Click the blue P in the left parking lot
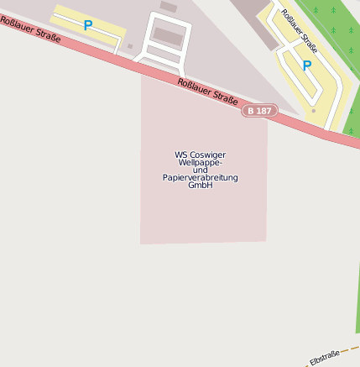(x=88, y=26)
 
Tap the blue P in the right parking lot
(x=307, y=66)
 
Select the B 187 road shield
(x=259, y=111)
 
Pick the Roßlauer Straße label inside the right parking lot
(x=299, y=30)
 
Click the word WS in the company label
(x=180, y=155)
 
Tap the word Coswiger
(x=207, y=155)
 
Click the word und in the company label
(x=201, y=170)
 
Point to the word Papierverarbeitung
(x=201, y=178)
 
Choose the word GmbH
(x=201, y=186)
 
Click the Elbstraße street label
(x=325, y=356)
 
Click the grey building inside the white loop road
(x=167, y=35)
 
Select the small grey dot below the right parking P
(x=314, y=110)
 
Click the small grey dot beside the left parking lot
(x=130, y=46)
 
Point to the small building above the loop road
(x=169, y=7)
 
